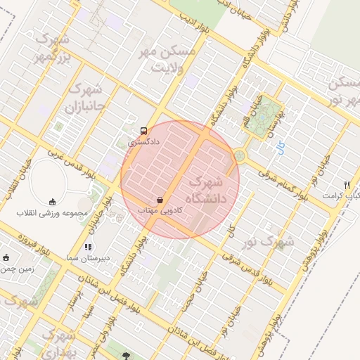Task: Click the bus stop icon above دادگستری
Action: coord(144,131)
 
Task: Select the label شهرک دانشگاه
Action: coord(214,189)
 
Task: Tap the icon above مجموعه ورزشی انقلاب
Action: coord(53,201)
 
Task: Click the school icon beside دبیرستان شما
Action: coord(88,247)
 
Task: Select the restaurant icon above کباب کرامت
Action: coord(347,184)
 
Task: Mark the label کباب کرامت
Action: coord(342,195)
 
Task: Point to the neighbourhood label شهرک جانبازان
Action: coord(85,98)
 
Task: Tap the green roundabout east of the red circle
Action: coord(240,155)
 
